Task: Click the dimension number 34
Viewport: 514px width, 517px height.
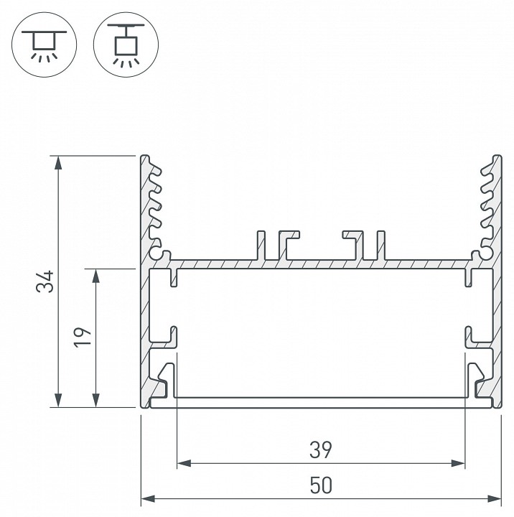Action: (45, 281)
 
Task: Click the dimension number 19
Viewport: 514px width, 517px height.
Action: (83, 337)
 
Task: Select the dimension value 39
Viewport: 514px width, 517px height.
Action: (321, 450)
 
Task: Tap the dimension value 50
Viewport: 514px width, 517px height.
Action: (321, 485)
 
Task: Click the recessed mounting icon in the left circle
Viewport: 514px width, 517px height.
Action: (45, 45)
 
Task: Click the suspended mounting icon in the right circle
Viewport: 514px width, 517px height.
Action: (126, 45)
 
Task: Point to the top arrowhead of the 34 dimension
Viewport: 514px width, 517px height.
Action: (58, 162)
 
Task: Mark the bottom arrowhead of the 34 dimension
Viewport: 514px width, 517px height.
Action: (58, 400)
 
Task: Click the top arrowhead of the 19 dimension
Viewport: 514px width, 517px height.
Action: (96, 276)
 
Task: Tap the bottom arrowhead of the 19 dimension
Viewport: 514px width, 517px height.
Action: (96, 400)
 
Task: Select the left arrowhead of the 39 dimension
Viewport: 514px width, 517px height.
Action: (184, 463)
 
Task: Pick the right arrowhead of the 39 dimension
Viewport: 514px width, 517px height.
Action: (458, 463)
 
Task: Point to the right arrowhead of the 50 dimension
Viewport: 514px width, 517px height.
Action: (494, 498)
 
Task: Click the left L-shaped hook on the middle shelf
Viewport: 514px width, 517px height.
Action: (289, 246)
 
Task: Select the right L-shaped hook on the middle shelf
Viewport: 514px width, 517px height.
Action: (353, 246)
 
